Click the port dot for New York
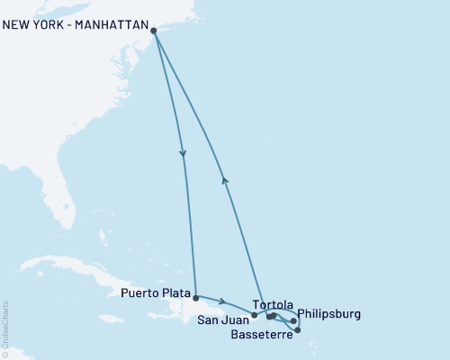click(x=154, y=31)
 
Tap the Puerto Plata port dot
click(x=195, y=295)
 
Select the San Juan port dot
click(x=255, y=315)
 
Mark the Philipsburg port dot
click(x=293, y=320)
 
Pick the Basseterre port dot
click(x=298, y=330)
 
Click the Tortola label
click(x=273, y=304)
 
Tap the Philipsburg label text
click(x=328, y=314)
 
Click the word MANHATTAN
click(x=106, y=25)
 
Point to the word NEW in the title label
click(x=17, y=25)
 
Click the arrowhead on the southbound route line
click(x=184, y=154)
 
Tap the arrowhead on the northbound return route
click(x=225, y=180)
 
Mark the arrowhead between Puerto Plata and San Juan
click(x=222, y=302)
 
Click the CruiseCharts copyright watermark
click(x=6, y=328)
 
